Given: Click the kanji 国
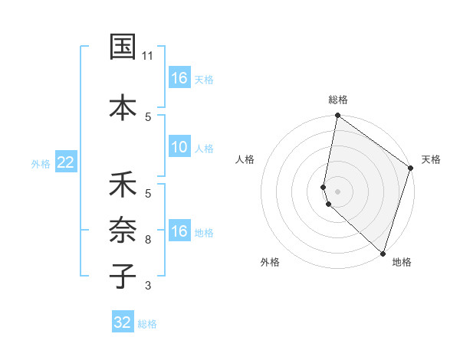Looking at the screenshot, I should pos(123,47).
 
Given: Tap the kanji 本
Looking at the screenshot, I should pos(123,106).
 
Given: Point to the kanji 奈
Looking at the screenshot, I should pos(123,231).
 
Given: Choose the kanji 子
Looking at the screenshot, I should pos(123,277).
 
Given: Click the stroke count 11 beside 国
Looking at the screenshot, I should pos(148,56).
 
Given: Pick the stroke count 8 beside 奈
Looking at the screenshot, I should pos(148,240).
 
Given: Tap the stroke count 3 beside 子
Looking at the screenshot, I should pos(148,286).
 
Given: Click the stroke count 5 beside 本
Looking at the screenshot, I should pos(148,116).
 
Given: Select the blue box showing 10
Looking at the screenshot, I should pos(179,147).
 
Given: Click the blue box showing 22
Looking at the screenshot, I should pos(66,162).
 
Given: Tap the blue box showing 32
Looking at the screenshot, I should pos(123,322).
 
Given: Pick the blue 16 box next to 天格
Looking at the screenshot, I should pos(179,78).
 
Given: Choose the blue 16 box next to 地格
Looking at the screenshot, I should pos(179,231).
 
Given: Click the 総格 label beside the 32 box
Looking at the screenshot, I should pos(147,324).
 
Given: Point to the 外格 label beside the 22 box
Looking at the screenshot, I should pos(41,163).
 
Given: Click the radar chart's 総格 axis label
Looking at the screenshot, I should pos(337,100).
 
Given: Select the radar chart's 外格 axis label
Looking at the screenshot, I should pos(270,262).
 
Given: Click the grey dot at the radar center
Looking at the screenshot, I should pos(337,190).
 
